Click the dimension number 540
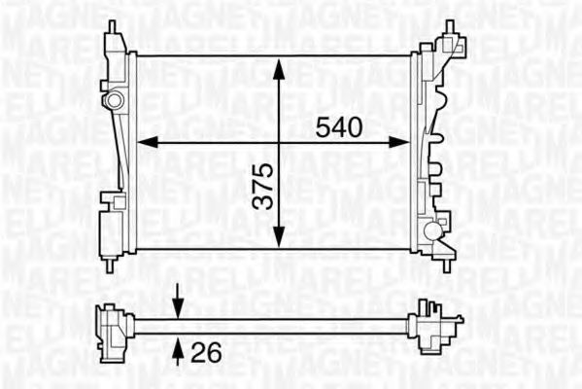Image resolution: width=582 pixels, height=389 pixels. pyautogui.click(x=339, y=126)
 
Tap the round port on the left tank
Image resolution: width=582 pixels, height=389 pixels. pyautogui.click(x=116, y=100)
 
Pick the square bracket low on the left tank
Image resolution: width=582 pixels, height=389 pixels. pyautogui.click(x=118, y=202)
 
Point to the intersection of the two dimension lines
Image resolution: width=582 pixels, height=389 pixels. pyautogui.click(x=279, y=142)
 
